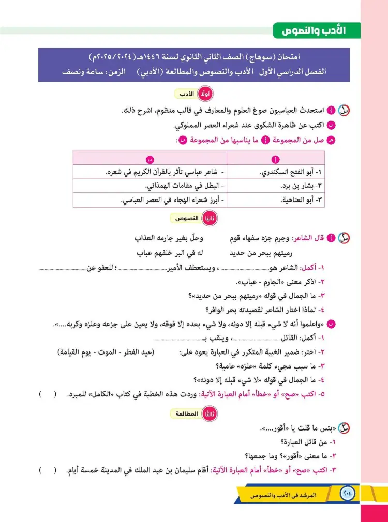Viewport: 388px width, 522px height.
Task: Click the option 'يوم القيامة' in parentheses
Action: pyautogui.click(x=75, y=352)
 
